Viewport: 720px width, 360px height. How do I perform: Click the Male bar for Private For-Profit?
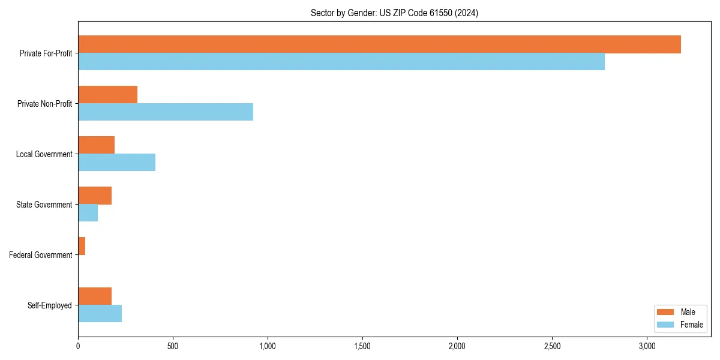click(x=379, y=44)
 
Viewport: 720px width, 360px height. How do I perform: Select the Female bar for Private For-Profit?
click(x=341, y=62)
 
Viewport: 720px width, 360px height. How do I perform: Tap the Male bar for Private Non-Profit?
click(x=108, y=95)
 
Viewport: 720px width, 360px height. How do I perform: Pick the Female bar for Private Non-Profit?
click(x=166, y=112)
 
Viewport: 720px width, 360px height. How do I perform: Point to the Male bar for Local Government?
click(x=97, y=145)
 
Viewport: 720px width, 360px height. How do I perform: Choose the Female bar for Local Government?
click(x=117, y=163)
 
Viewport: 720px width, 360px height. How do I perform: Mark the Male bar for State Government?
click(x=95, y=196)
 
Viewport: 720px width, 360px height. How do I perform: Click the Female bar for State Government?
click(x=88, y=213)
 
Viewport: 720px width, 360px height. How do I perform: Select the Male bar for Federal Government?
click(x=82, y=246)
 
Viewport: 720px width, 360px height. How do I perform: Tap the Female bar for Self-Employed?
click(x=100, y=314)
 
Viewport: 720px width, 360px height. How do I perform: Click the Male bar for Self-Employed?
click(x=95, y=296)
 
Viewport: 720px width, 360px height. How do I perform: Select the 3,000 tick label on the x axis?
click(x=647, y=346)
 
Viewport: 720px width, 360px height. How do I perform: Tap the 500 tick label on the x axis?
click(x=173, y=346)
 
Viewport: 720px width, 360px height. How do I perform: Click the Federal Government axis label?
click(x=41, y=255)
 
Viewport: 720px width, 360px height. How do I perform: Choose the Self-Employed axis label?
click(x=50, y=305)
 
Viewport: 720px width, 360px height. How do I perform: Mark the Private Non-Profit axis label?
click(x=44, y=104)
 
